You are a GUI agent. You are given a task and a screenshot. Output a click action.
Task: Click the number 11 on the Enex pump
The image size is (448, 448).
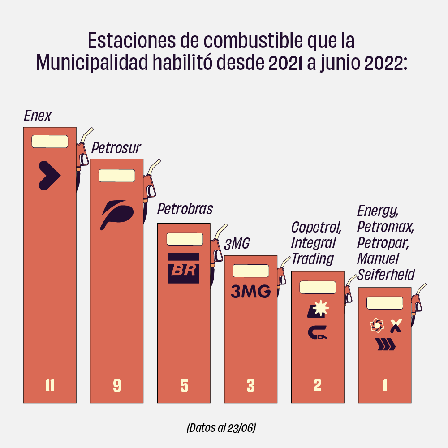[50, 385]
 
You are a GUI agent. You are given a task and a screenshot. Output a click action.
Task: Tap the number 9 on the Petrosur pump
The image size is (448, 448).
[117, 385]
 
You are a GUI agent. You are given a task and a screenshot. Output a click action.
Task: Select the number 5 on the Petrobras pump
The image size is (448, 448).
[184, 385]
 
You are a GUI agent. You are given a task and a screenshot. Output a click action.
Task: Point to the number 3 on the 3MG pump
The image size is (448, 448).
[250, 385]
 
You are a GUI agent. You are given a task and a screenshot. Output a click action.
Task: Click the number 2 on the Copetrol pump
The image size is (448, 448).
[318, 385]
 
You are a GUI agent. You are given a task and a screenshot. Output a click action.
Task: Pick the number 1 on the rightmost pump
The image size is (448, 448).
[385, 385]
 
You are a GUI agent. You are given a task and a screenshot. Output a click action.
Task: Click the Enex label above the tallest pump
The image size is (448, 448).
[38, 116]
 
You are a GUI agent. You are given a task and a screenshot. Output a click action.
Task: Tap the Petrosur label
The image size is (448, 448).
[116, 148]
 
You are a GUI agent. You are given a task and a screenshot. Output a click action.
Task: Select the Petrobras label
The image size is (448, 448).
[185, 209]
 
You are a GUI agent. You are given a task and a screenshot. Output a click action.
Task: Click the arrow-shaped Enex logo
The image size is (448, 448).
[49, 175]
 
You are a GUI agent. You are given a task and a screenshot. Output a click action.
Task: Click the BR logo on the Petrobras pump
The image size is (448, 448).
[184, 268]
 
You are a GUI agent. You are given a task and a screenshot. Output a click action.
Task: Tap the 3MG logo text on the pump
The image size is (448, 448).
[250, 292]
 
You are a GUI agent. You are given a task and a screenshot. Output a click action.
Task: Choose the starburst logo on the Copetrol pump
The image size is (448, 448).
[321, 308]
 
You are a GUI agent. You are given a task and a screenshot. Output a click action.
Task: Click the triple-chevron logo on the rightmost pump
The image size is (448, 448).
[385, 345]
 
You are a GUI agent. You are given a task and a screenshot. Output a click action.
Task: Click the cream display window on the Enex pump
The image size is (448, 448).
[50, 142]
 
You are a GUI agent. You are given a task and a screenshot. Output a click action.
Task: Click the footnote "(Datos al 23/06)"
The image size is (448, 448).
[221, 427]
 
